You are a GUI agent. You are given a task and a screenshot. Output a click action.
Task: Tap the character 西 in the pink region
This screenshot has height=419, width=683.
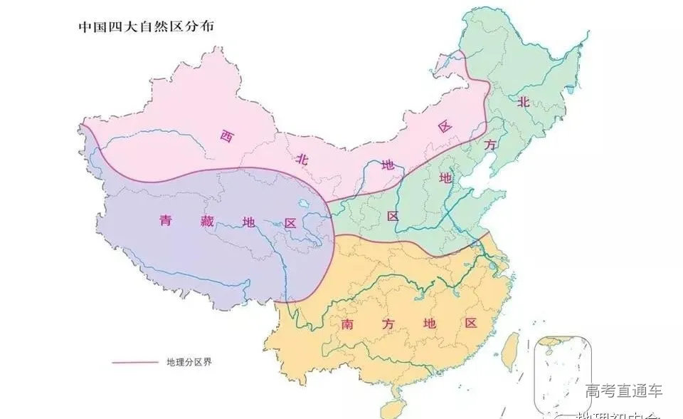[227, 135]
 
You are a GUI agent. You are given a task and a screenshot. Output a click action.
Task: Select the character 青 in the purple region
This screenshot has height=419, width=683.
[166, 222]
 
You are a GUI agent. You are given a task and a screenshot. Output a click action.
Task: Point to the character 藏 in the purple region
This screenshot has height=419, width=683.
[207, 222]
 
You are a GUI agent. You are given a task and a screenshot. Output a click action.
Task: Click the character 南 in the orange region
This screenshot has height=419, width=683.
[348, 324]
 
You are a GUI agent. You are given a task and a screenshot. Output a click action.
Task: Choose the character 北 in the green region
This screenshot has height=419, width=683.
[523, 101]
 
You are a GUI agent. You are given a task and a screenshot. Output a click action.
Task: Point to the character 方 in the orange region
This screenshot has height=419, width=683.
[388, 324]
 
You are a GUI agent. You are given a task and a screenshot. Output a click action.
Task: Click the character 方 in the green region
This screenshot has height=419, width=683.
[489, 145]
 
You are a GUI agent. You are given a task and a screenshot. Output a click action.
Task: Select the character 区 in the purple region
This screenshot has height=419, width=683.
[290, 223]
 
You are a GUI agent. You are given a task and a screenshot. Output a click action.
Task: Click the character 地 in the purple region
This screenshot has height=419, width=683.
[248, 222]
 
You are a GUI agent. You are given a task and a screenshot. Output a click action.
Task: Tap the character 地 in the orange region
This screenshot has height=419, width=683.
[428, 324]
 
